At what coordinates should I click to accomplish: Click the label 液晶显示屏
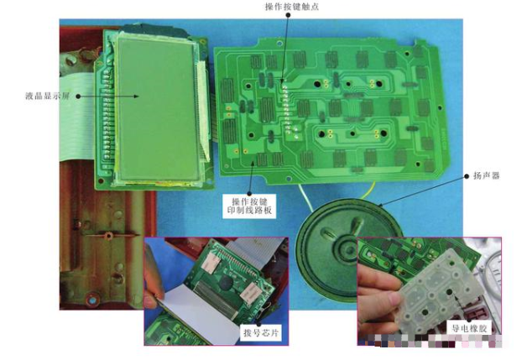(47, 97)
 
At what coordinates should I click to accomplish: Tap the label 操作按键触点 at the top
(292, 7)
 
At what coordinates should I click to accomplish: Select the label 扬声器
(487, 175)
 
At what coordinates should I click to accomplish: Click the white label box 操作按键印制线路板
(249, 206)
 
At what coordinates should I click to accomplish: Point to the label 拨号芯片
(261, 333)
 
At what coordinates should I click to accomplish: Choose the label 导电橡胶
(469, 328)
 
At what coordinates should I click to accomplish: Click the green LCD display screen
(157, 109)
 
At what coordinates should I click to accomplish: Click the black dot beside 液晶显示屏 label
(78, 97)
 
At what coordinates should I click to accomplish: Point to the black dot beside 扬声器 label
(467, 176)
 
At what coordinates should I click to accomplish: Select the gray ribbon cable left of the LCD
(76, 117)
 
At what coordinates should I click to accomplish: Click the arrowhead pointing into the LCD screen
(136, 97)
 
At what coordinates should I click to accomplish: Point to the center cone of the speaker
(348, 248)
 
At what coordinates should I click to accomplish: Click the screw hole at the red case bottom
(93, 299)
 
